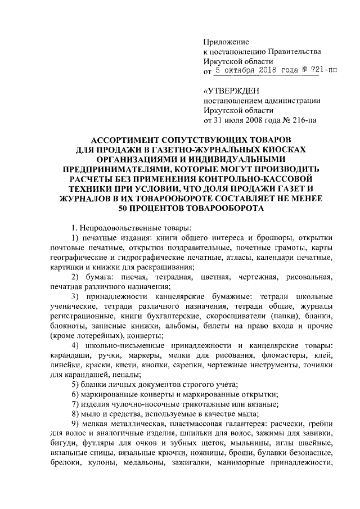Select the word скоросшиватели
[x=231, y=317]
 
